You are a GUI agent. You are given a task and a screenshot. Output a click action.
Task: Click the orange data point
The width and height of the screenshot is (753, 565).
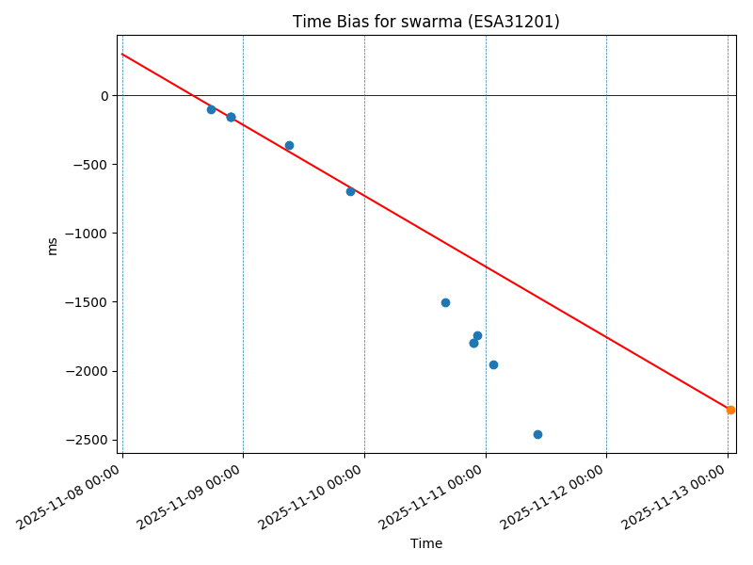(x=730, y=410)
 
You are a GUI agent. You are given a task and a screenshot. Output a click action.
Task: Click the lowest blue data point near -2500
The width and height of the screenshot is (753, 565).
(x=537, y=434)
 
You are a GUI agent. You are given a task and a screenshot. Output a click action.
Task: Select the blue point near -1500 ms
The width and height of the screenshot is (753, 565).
(x=445, y=302)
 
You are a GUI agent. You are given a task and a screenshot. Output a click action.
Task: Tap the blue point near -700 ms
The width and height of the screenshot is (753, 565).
(x=350, y=191)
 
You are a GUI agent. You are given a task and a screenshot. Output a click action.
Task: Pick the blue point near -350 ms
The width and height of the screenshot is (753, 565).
(x=289, y=145)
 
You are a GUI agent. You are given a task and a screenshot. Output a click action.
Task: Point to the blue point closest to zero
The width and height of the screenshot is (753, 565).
(x=211, y=109)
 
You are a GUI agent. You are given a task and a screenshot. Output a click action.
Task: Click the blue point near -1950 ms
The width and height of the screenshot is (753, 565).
(x=493, y=364)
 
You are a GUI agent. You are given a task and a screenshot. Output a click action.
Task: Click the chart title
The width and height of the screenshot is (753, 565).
(x=425, y=22)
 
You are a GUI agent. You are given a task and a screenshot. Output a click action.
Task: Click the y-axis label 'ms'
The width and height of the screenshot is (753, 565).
(x=53, y=246)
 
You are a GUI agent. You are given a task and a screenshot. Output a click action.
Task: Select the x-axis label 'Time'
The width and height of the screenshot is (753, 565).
(x=425, y=543)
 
